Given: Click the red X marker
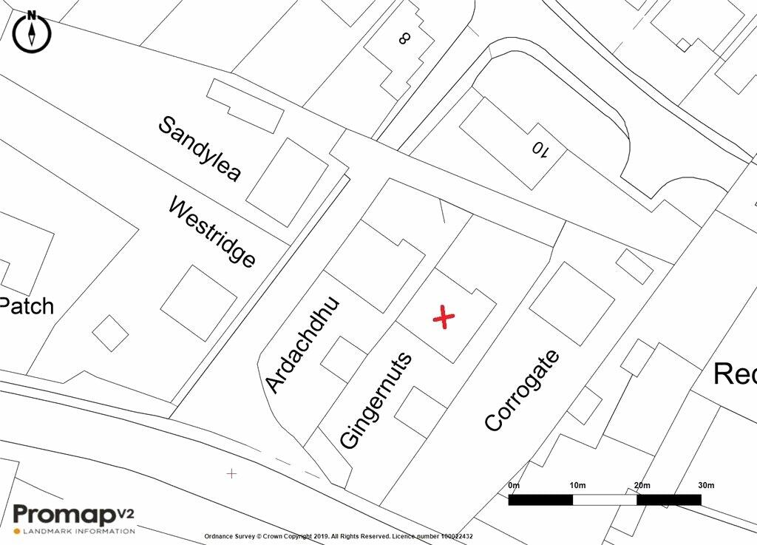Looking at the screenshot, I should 444,317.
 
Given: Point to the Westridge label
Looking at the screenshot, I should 212,232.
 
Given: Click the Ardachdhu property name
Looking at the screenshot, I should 302,345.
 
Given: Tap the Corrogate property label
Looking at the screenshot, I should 522,390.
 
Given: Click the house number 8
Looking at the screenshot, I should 404,37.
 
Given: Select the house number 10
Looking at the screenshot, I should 540,149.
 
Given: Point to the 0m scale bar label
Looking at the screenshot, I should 515,485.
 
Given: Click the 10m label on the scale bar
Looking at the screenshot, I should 577,485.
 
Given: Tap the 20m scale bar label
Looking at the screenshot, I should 642,485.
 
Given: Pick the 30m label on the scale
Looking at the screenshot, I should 706,485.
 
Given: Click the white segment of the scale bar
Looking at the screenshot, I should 605,500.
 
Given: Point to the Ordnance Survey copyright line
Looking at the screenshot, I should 338,536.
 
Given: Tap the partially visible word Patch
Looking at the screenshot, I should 27,305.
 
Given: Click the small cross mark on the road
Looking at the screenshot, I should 232,473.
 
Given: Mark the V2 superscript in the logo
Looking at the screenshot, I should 126,510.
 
